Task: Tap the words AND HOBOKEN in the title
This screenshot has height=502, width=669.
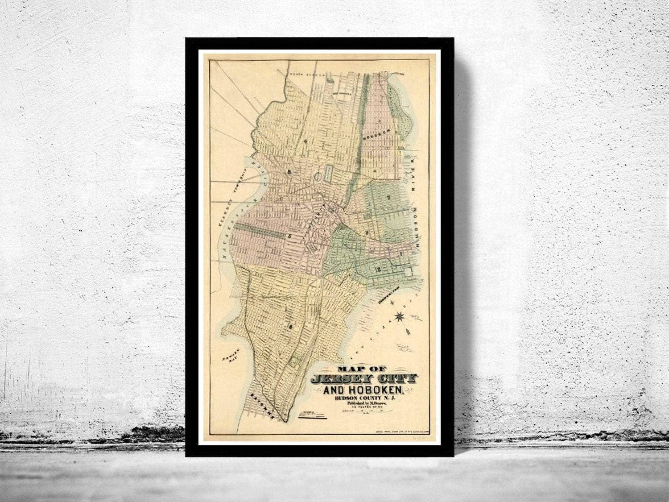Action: point(363,391)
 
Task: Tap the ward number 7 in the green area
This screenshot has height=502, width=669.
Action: point(388,198)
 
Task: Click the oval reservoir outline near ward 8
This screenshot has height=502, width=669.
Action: point(318,177)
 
